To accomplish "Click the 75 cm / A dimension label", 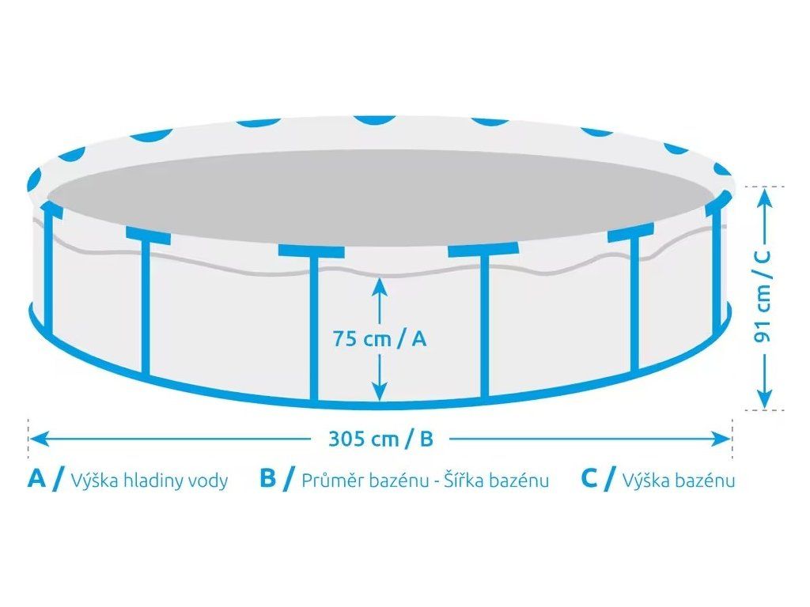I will coord(380,339).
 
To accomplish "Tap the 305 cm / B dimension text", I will coord(381,439).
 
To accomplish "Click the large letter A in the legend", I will coord(36,479).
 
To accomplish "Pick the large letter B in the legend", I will coord(268,479).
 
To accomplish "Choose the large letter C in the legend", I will coord(589,479).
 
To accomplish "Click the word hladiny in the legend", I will coord(146,481).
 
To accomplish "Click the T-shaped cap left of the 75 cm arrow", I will coord(311,251).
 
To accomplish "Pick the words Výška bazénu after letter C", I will coord(679,481).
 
